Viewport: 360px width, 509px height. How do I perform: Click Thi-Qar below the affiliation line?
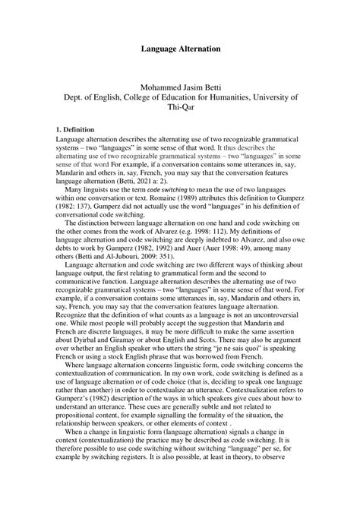point(180,109)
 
